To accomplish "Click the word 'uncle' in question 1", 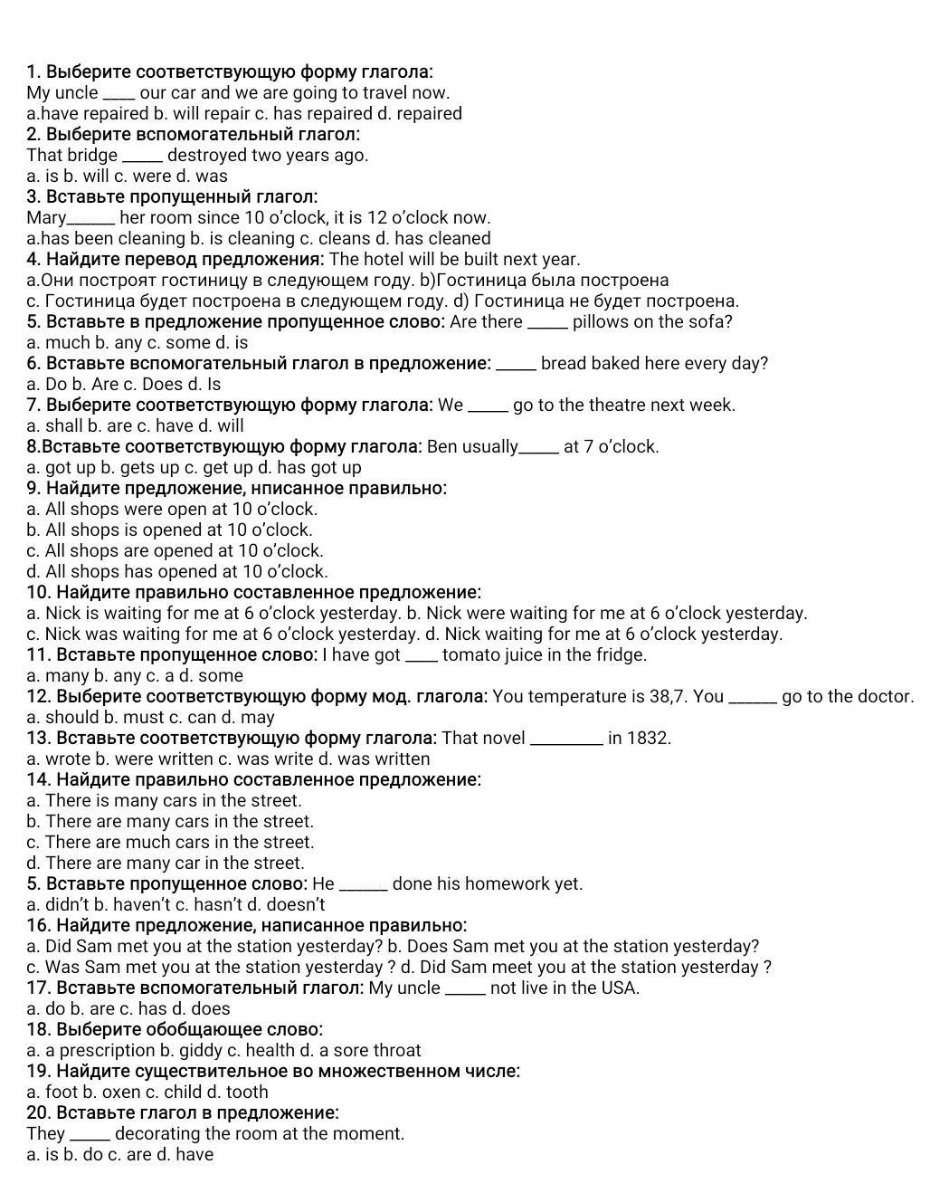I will click(75, 92).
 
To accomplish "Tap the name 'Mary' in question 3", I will click(46, 217).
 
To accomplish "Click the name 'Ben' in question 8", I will click(443, 446).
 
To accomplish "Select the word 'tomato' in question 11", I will click(470, 654).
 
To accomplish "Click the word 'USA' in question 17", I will click(619, 988).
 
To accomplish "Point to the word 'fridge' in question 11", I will click(619, 654).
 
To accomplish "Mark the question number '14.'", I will click(39, 779).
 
